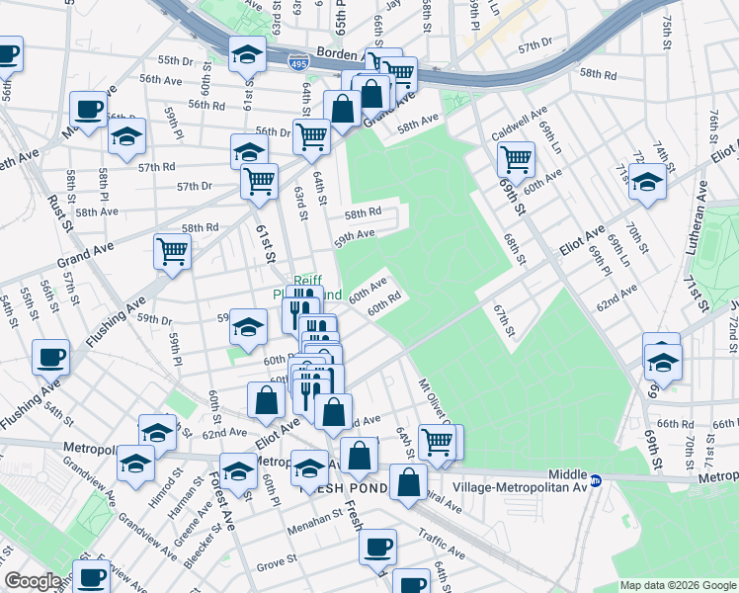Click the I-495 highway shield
tap(297, 63)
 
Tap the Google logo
tap(33, 581)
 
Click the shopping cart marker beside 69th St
tap(515, 158)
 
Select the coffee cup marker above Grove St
tap(376, 546)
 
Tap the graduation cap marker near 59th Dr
tap(248, 324)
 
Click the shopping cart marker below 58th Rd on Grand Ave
tap(171, 251)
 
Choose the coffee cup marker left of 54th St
tap(50, 357)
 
